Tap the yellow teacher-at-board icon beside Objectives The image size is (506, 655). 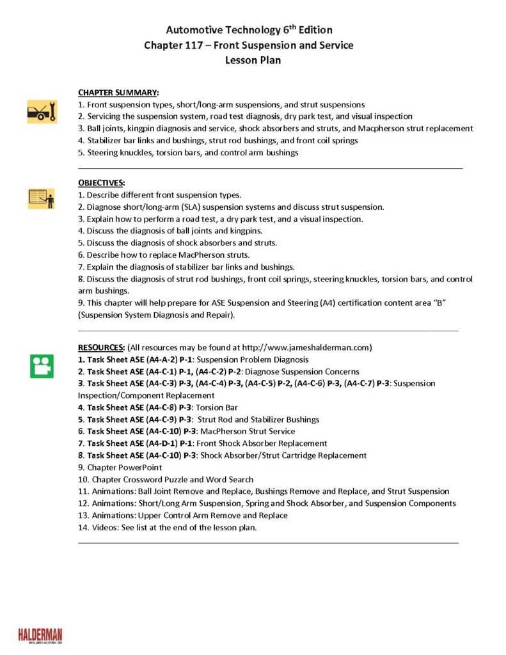pyautogui.click(x=42, y=199)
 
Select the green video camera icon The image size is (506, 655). pyautogui.click(x=42, y=365)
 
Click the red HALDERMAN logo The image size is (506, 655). pyautogui.click(x=40, y=635)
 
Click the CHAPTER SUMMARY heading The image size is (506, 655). pyautogui.click(x=118, y=92)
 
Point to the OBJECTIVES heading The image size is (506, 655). pyautogui.click(x=101, y=183)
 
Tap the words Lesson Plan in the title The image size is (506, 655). pyautogui.click(x=253, y=61)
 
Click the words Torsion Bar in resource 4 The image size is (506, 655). pyautogui.click(x=218, y=407)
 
